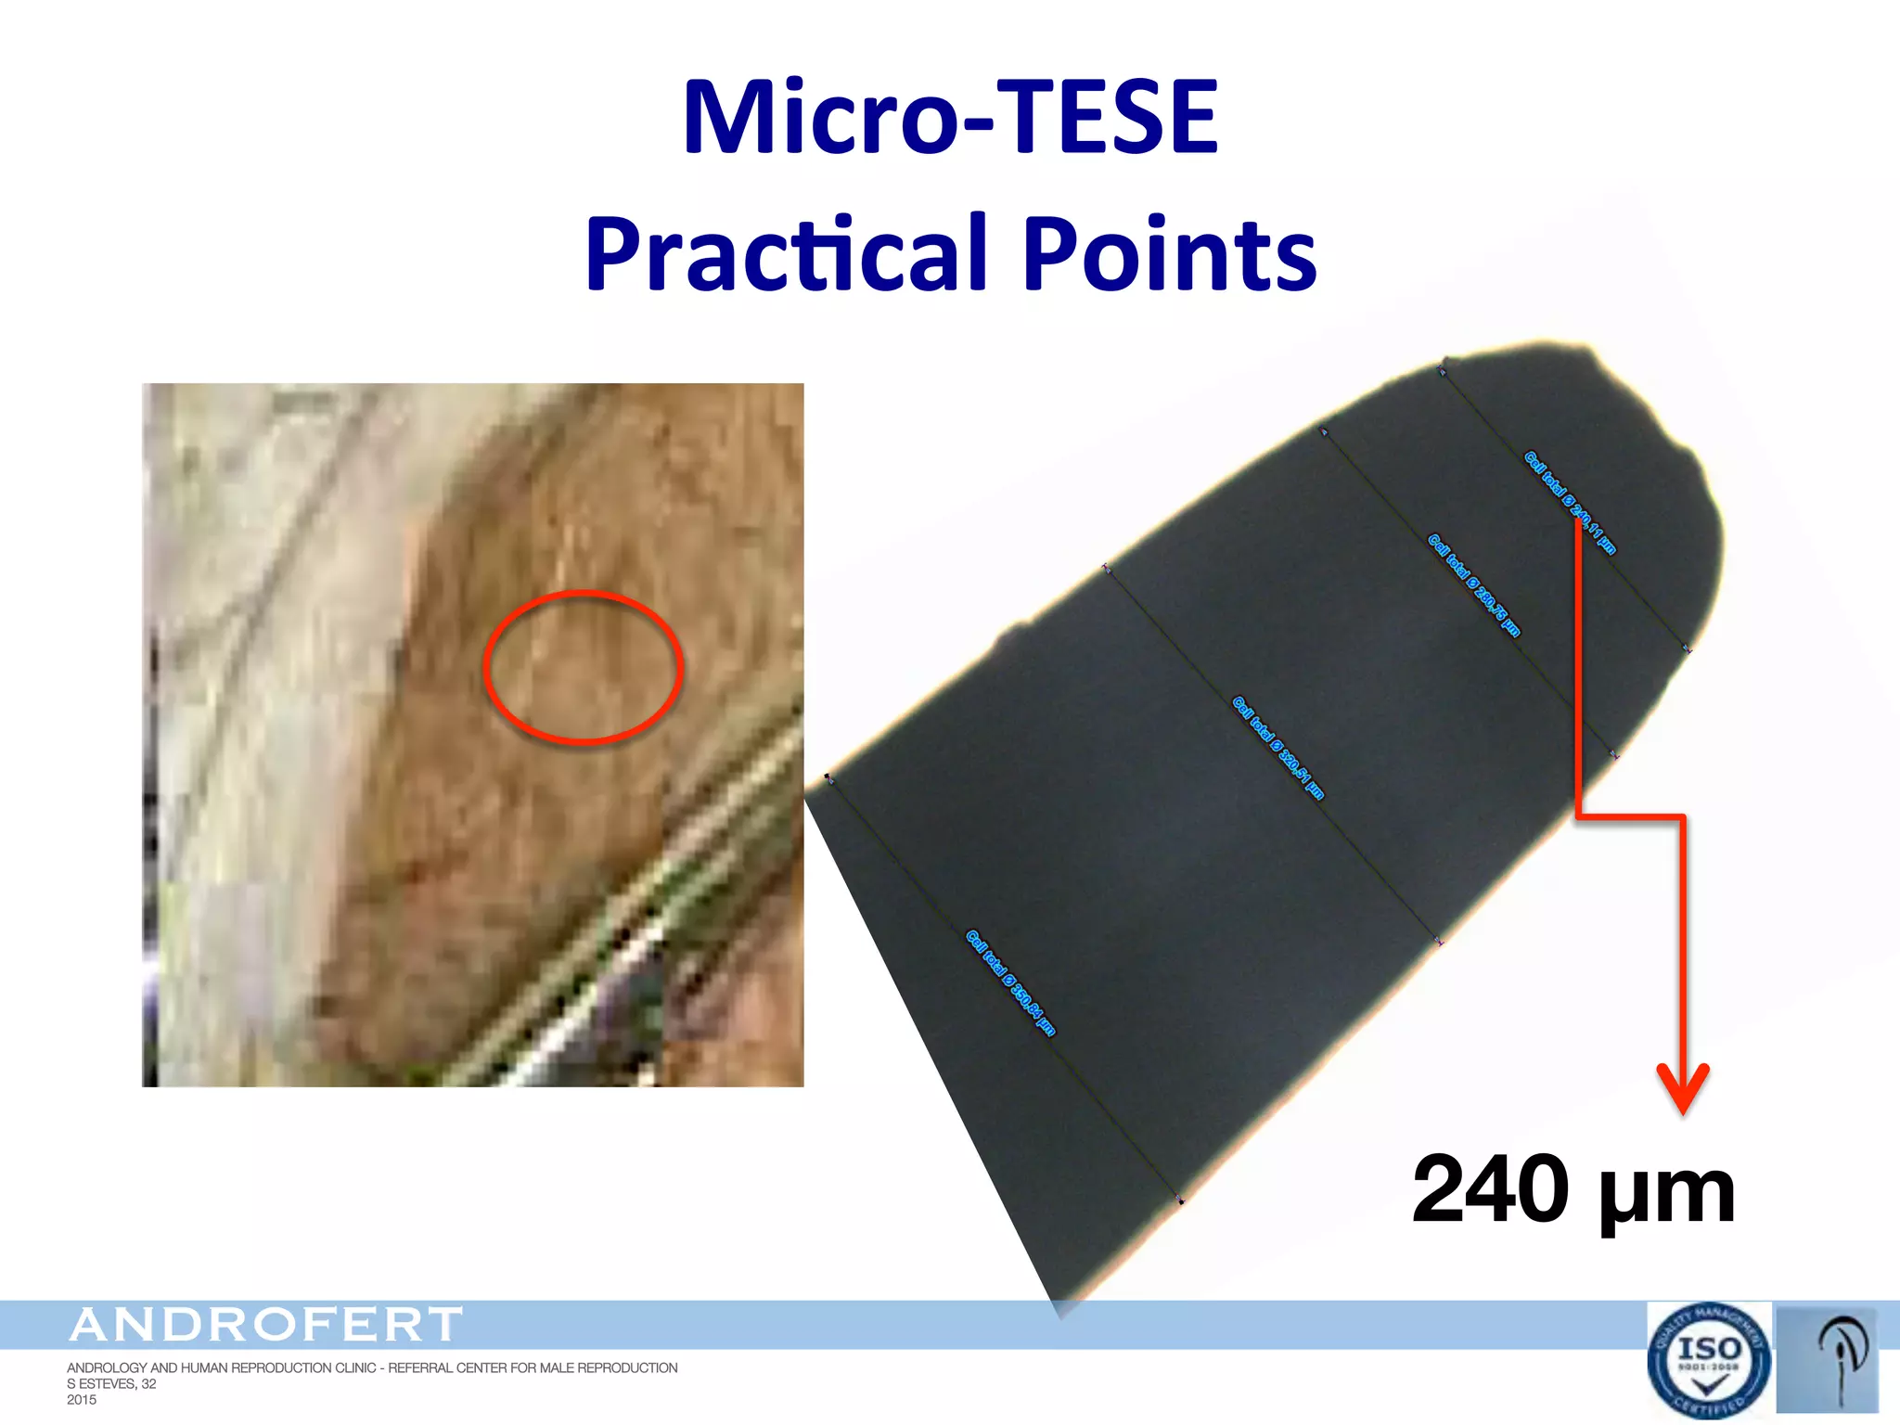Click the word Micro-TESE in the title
tap(950, 118)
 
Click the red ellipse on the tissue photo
tap(584, 667)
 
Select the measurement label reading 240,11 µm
tap(1570, 502)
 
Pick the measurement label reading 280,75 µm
tap(1473, 585)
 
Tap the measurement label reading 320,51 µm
tap(1277, 748)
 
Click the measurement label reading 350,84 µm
tap(1010, 982)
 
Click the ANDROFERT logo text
tap(266, 1325)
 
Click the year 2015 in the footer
tap(82, 1400)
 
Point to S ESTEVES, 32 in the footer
tap(111, 1384)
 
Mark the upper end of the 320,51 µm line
tap(1105, 567)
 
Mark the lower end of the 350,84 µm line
tap(1181, 1201)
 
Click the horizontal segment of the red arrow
tap(1630, 817)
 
